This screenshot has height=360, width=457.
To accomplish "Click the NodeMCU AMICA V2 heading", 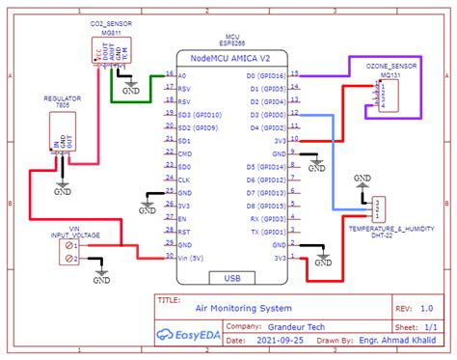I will coord(232,58).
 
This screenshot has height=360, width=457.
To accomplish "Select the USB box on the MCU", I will coord(232,278).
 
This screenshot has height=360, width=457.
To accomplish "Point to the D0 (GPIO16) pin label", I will coord(266,74).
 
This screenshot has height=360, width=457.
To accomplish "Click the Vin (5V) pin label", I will coord(193,258).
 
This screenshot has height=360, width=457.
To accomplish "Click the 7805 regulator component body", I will coord(63,131).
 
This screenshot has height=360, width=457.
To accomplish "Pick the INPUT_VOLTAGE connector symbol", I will coord(69,253).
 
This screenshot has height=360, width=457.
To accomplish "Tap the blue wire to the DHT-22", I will coord(334,164).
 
